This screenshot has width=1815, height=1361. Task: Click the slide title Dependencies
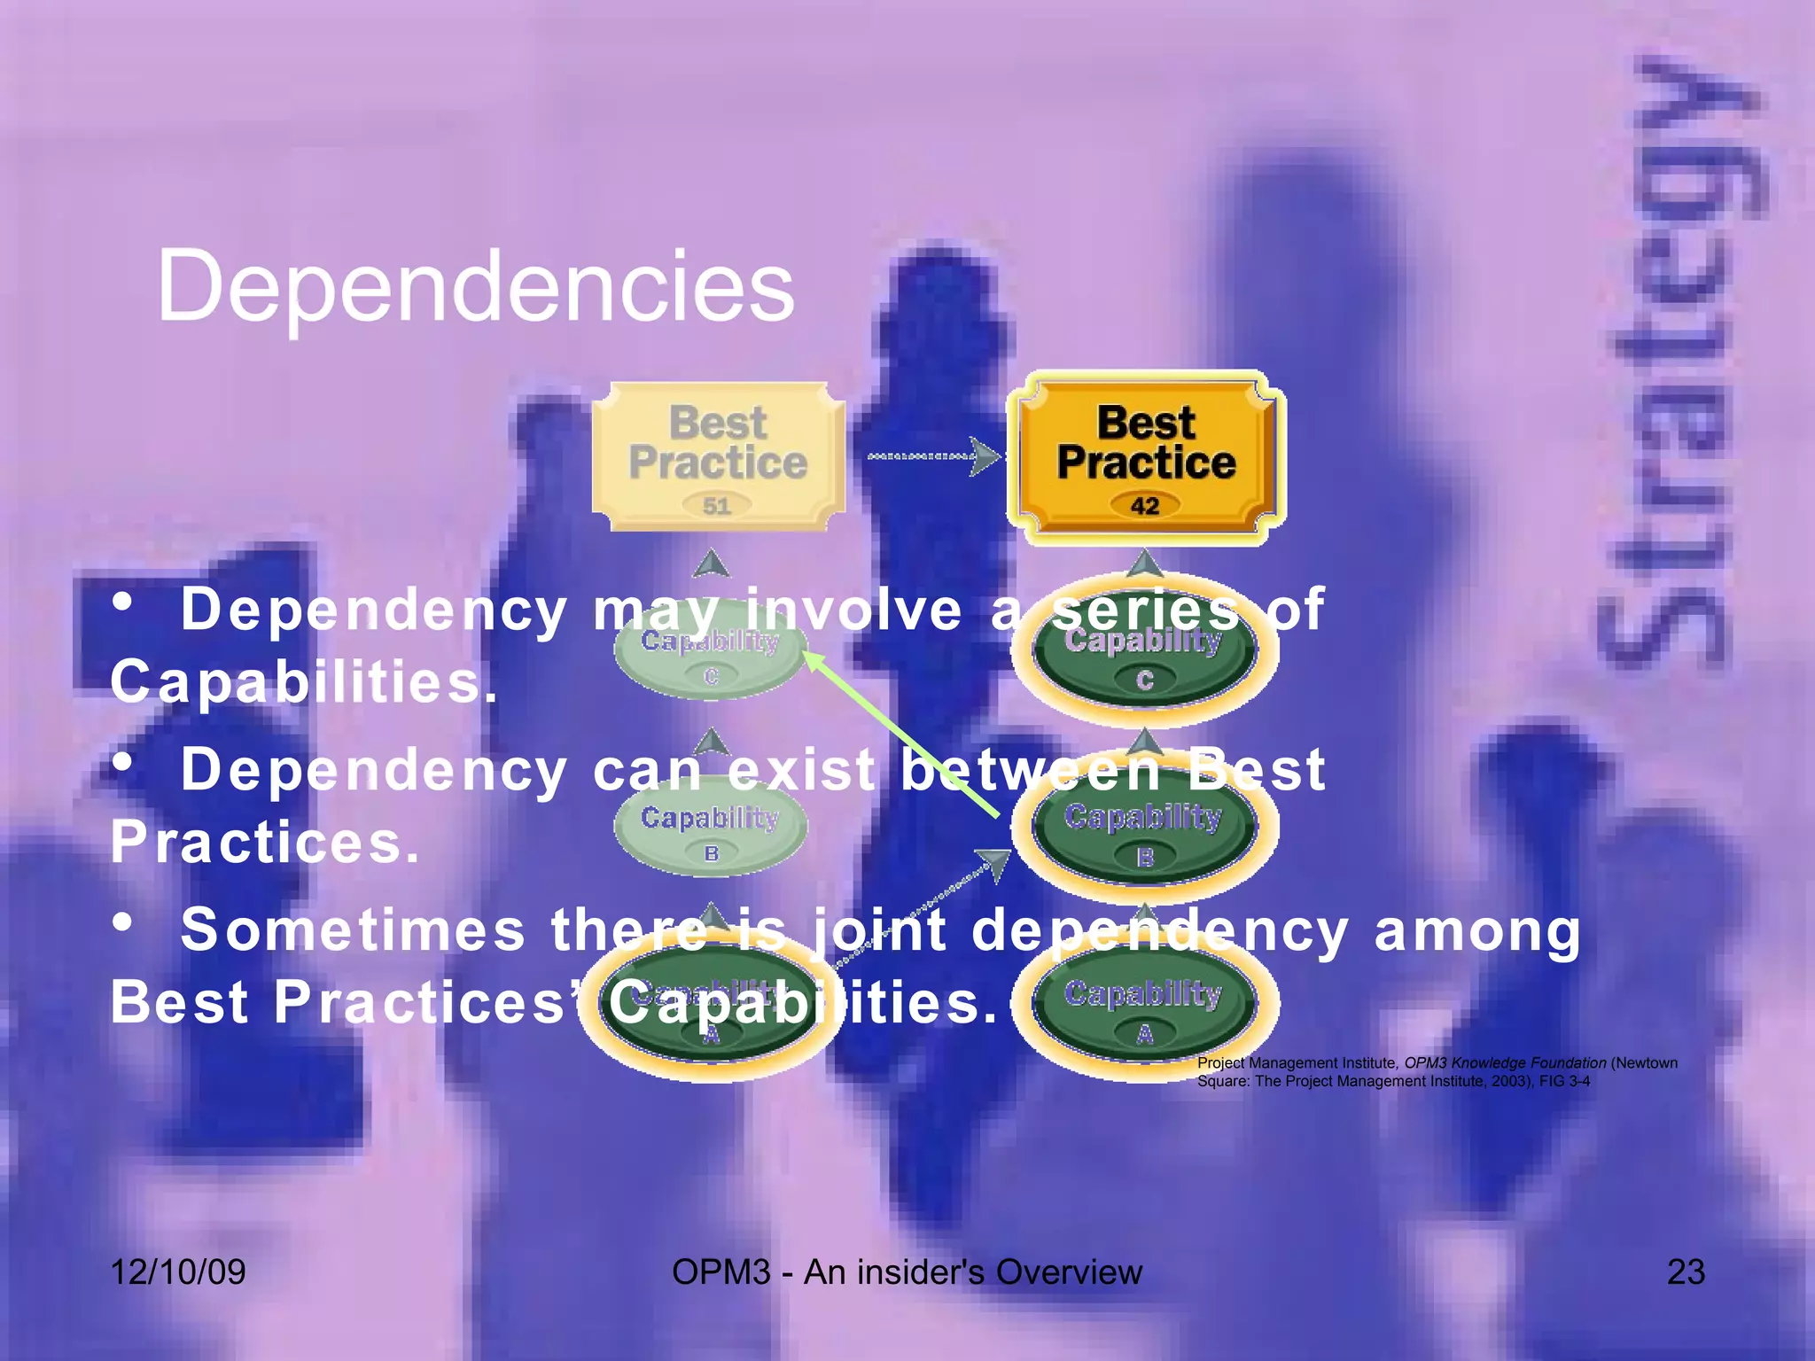(x=475, y=285)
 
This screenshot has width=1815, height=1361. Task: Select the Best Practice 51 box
(x=718, y=456)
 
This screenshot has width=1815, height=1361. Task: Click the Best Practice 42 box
(x=1146, y=456)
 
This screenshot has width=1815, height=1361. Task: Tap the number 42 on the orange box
(x=1144, y=506)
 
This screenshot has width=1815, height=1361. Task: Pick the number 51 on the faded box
(x=716, y=506)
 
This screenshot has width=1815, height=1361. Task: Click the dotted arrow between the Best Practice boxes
(x=931, y=457)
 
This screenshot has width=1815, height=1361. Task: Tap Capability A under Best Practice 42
(x=1144, y=1010)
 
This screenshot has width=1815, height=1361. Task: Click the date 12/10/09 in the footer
(x=178, y=1272)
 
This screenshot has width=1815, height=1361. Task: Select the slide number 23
(x=1686, y=1272)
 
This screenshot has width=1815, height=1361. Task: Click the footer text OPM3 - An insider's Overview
(x=907, y=1272)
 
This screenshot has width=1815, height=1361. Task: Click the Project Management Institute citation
(x=1436, y=1071)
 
